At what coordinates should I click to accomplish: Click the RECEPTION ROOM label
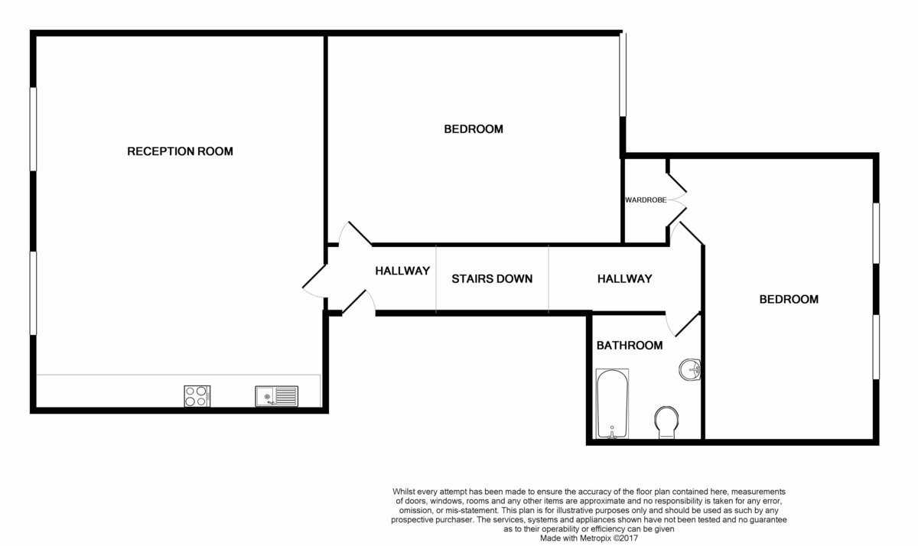click(x=180, y=151)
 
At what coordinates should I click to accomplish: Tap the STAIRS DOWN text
click(x=492, y=278)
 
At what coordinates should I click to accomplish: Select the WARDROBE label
click(x=645, y=200)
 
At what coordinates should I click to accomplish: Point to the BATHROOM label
click(x=629, y=346)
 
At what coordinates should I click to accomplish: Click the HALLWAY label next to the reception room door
click(x=402, y=271)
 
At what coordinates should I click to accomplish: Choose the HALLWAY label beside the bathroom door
click(x=624, y=278)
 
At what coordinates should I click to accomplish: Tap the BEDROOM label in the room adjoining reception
click(x=474, y=129)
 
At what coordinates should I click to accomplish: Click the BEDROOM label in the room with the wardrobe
click(x=788, y=299)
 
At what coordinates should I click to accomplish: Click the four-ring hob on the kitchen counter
click(x=197, y=396)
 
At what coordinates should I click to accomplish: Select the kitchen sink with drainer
click(x=277, y=395)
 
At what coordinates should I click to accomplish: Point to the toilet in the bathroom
click(x=666, y=421)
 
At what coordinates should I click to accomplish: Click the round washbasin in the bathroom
click(x=690, y=370)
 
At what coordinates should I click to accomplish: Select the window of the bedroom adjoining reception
click(x=623, y=74)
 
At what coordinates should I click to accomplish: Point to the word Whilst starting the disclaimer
click(x=406, y=491)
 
